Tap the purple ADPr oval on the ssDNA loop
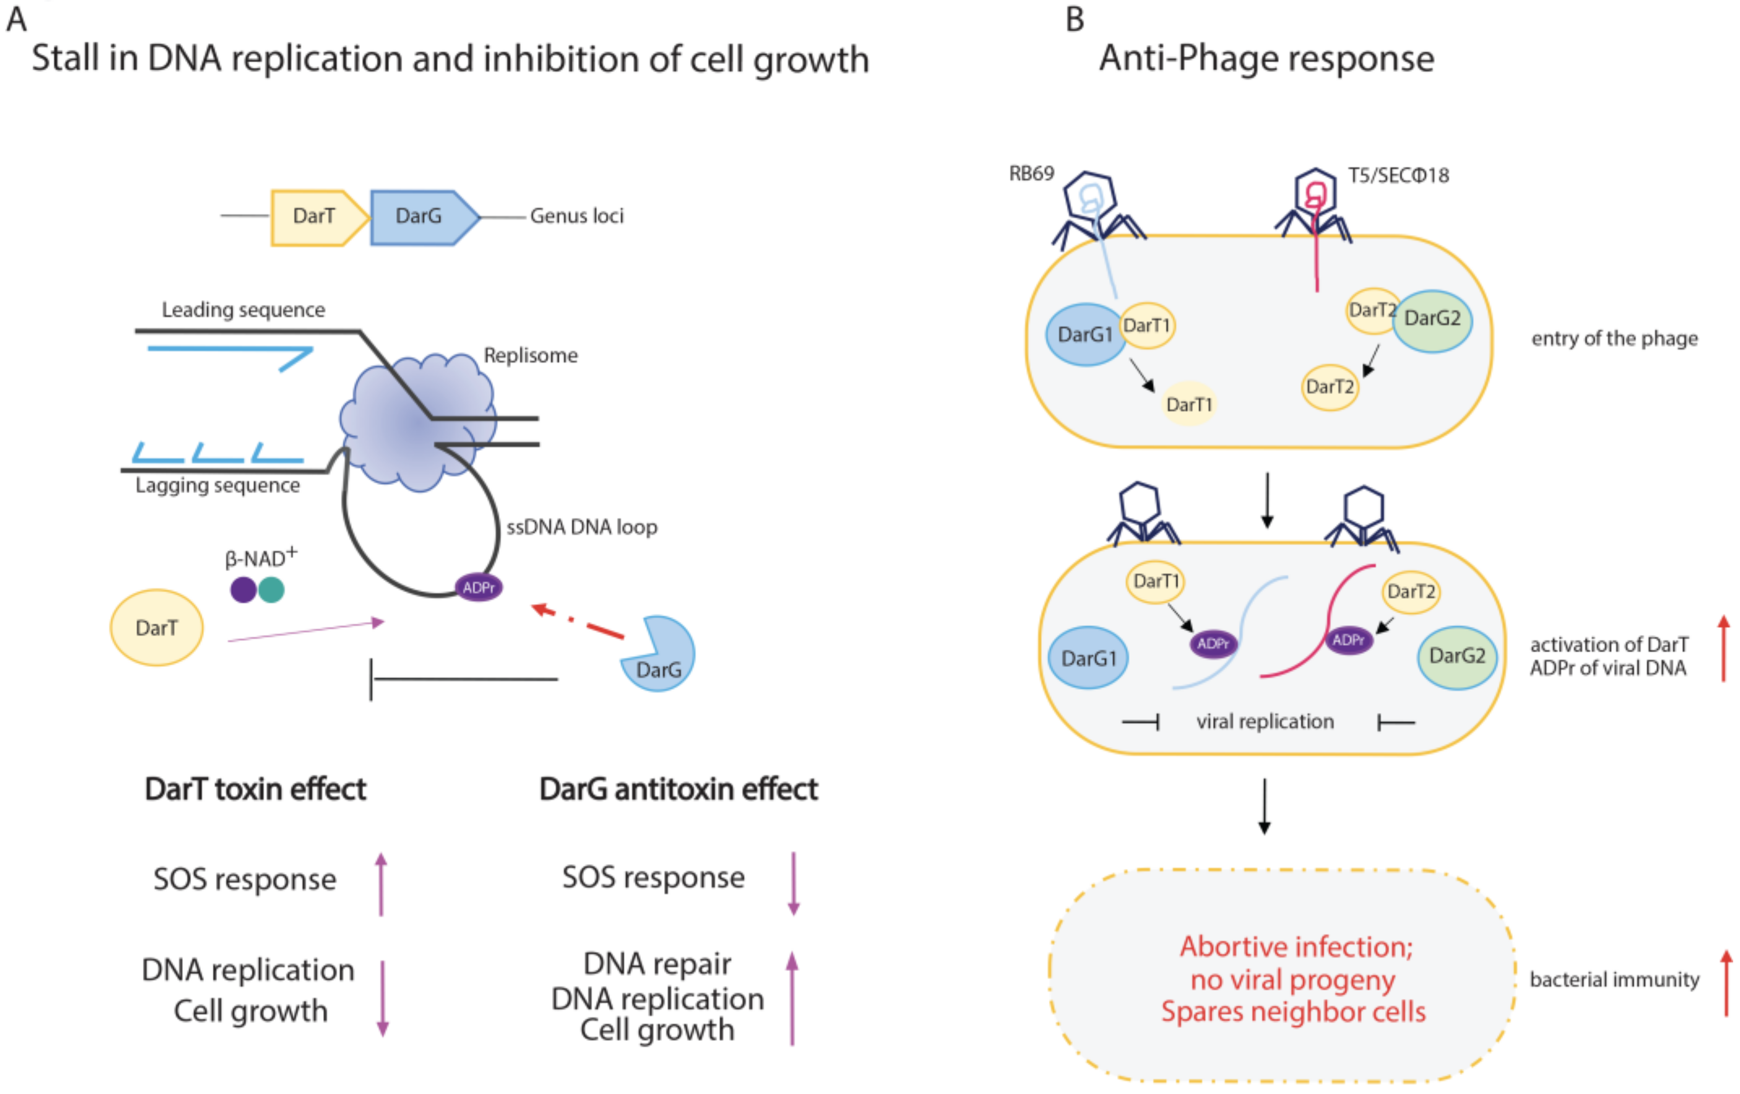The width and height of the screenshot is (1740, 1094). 478,587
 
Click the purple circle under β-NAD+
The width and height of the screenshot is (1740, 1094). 244,589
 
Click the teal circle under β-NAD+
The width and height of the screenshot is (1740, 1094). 271,589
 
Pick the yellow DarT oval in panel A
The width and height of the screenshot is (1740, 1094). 156,627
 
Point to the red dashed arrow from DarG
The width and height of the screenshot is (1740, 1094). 578,621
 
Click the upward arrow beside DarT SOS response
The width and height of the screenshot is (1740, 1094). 381,883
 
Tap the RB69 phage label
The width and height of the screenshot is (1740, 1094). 1031,173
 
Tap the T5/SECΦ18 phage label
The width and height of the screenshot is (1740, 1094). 1398,175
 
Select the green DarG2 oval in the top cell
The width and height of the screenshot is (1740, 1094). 1432,320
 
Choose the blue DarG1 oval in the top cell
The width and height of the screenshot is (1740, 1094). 1085,335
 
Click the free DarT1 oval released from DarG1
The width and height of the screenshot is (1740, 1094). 1189,404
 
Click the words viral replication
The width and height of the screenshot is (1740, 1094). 1264,721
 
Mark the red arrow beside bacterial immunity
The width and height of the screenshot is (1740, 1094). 1725,982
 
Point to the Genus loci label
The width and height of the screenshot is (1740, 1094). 576,216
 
